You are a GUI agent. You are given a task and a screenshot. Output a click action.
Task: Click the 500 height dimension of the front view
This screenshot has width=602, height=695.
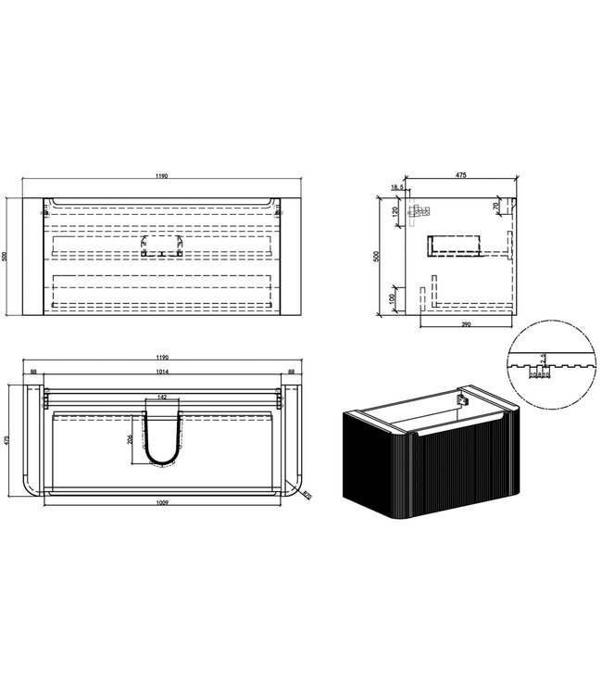pyautogui.click(x=7, y=257)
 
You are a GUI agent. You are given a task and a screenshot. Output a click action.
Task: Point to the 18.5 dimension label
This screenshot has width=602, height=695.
pyautogui.click(x=397, y=188)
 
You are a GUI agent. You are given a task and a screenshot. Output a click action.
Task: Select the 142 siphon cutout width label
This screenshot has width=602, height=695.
pyautogui.click(x=163, y=397)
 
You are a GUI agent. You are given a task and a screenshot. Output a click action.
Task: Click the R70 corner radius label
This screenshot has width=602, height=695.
pyautogui.click(x=307, y=497)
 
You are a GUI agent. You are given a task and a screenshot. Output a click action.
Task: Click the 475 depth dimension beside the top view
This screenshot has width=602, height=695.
pyautogui.click(x=7, y=439)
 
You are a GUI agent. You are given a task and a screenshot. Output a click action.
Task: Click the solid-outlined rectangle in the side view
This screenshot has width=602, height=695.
pyautogui.click(x=456, y=245)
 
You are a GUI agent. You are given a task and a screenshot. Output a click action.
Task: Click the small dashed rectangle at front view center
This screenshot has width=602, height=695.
pyautogui.click(x=163, y=246)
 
